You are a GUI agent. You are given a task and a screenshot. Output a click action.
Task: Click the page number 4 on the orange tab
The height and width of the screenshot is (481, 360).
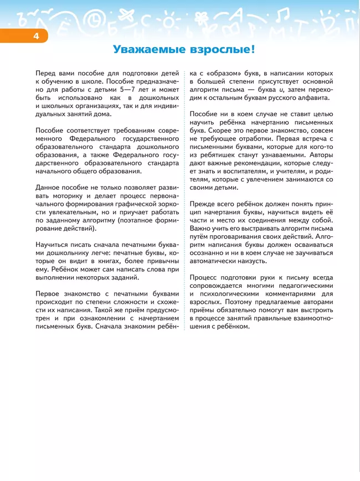coord(20,36)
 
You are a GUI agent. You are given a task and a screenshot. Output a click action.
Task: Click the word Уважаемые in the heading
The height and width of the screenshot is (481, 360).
coord(146,49)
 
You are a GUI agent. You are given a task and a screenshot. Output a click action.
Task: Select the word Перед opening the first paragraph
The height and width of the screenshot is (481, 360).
coord(47,74)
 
